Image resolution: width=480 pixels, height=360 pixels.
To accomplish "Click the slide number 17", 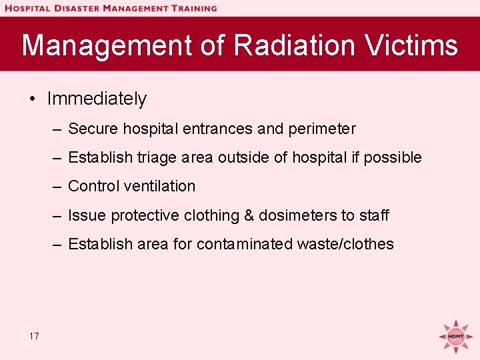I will point(34,336).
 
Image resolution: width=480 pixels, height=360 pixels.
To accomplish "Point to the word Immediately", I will point(97,99).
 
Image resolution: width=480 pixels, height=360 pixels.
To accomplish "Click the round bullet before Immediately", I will point(32,99).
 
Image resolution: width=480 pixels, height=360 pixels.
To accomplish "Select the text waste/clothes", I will point(345,244).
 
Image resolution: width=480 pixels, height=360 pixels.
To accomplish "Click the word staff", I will point(374,215).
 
